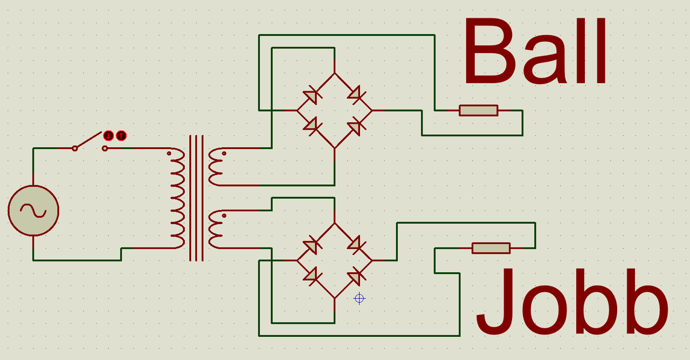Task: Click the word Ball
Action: pos(535,53)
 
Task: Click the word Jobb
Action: pos(572,302)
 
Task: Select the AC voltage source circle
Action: pos(33,211)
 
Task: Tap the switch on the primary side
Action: pos(89,141)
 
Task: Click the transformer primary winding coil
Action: pos(177,198)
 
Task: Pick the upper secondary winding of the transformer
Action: pos(215,167)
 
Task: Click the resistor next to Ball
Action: pos(478,110)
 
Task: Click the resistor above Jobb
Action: pos(491,248)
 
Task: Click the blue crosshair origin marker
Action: pos(360,299)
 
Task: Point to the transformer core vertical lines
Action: pos(196,198)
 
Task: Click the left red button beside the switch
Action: pos(109,136)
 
